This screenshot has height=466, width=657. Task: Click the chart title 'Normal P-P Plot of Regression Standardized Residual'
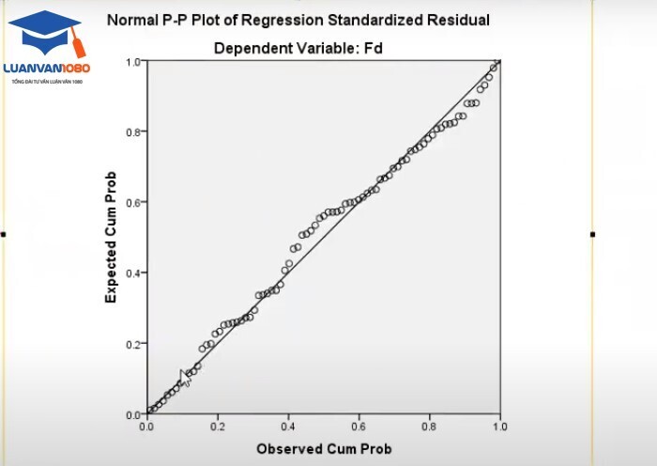click(x=298, y=19)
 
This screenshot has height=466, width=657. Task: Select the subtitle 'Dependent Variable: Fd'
click(x=298, y=47)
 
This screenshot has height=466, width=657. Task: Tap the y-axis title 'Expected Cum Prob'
click(x=111, y=237)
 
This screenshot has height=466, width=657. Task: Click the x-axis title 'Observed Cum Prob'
click(x=324, y=449)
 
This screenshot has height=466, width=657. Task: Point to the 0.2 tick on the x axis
click(x=218, y=427)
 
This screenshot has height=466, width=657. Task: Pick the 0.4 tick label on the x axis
click(x=288, y=427)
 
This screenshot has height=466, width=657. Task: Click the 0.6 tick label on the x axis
click(x=359, y=427)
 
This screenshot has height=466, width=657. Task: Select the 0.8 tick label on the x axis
click(x=429, y=427)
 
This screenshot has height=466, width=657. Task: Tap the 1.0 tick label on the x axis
click(x=499, y=427)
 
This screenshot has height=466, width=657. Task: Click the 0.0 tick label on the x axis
click(x=147, y=427)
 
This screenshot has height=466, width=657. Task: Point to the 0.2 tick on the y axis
click(x=134, y=344)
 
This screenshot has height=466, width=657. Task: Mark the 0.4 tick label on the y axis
click(x=134, y=273)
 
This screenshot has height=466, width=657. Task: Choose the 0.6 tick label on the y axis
click(x=134, y=203)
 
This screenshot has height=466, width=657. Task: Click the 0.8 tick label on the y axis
click(x=134, y=132)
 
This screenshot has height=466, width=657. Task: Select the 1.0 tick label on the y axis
click(x=134, y=62)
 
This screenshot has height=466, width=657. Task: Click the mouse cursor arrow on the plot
click(x=185, y=378)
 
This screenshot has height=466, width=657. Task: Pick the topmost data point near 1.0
click(x=498, y=63)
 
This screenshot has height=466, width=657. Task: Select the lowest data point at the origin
click(x=149, y=412)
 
